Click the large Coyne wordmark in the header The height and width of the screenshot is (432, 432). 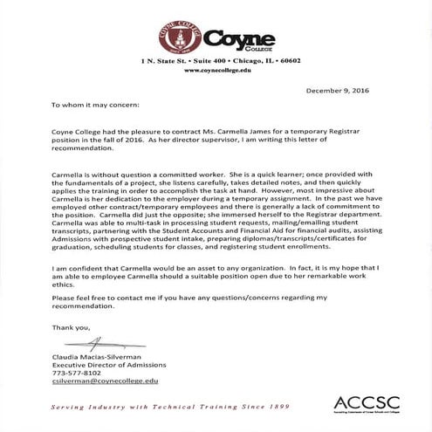point(240,38)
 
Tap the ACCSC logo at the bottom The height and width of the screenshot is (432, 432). point(366,403)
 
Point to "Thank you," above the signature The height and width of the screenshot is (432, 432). point(71,327)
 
